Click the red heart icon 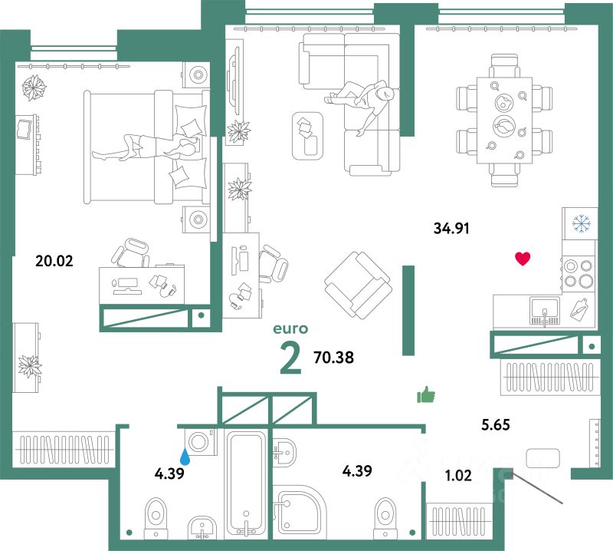pos(523,259)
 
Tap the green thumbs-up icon pos(425,395)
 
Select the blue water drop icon pos(185,457)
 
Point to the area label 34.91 pos(451,227)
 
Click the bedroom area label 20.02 pos(54,260)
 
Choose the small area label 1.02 pos(457,475)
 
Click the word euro pos(290,329)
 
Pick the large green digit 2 pos(290,359)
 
